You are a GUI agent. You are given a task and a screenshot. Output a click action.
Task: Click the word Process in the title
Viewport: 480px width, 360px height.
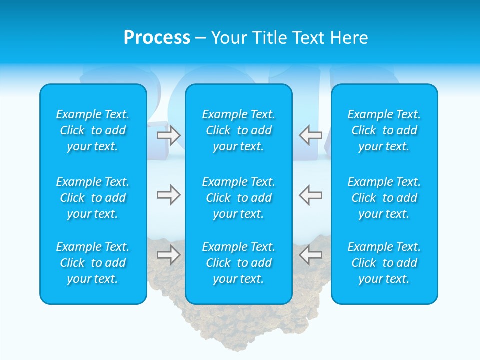coord(157,38)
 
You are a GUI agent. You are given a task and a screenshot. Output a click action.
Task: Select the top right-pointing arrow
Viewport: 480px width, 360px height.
coord(169,135)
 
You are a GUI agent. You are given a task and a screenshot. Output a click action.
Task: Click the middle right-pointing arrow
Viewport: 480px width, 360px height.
coord(169,195)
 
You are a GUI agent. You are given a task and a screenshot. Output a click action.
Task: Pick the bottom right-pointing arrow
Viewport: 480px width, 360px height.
coord(169,255)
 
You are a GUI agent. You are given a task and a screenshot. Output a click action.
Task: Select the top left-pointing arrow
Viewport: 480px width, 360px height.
coord(311,135)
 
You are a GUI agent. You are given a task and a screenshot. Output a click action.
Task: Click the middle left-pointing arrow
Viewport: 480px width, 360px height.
coord(311,195)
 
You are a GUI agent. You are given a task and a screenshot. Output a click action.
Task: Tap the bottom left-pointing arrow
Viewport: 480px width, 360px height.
coord(311,255)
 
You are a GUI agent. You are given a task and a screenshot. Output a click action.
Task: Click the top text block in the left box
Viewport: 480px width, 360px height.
coord(93,130)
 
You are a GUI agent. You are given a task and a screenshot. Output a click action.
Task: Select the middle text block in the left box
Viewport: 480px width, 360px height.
coord(93,198)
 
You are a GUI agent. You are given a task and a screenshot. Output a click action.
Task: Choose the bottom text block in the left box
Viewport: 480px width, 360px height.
coord(93,263)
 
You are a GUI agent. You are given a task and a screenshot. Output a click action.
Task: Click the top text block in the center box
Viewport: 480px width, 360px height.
coord(239,130)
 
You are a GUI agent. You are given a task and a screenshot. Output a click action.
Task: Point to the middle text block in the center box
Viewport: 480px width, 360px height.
coord(239,198)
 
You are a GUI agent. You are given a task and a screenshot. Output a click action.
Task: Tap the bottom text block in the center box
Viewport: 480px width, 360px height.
coord(239,263)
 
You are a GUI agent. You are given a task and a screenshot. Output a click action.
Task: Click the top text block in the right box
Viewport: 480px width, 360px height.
coord(384,130)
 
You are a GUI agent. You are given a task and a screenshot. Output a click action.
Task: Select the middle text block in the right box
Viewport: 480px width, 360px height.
coord(384,198)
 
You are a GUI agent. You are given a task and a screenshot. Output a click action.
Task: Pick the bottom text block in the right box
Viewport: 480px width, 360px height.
coord(384,263)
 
